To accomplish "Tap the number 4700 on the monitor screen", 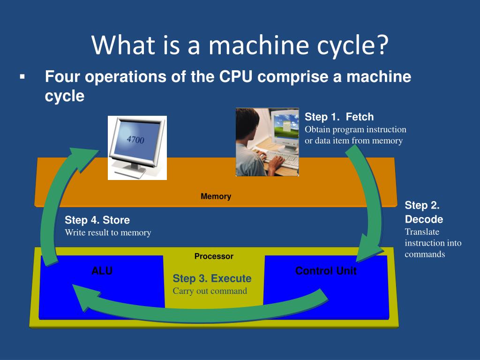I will [135, 140].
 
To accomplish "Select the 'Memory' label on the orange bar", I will [216, 196].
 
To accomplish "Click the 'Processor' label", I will [214, 256].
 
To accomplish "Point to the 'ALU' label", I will [102, 270].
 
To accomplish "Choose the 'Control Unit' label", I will [326, 270].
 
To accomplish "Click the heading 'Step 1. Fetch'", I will [339, 117].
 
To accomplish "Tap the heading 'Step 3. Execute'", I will [212, 278].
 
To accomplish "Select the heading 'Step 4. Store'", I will [97, 220].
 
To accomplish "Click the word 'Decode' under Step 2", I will [424, 219].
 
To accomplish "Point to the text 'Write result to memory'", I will [108, 232].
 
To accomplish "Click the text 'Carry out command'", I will [210, 291].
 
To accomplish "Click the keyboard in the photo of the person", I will [281, 160].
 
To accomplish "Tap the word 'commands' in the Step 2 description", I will [425, 254].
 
